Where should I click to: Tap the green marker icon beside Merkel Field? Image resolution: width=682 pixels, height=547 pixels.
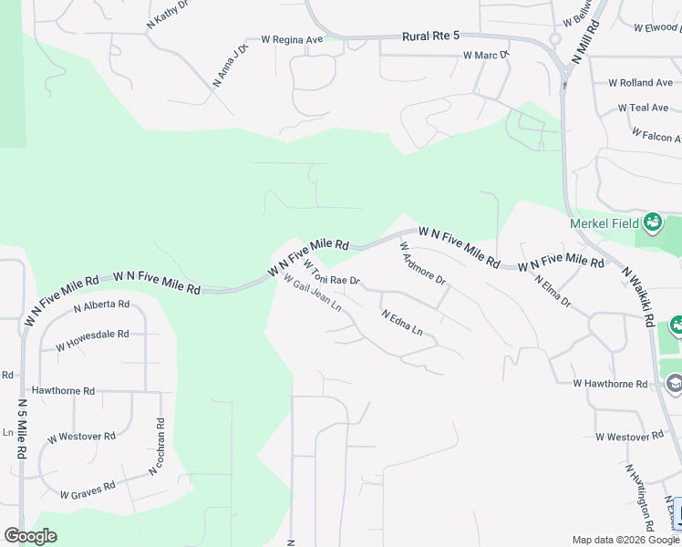(x=652, y=222)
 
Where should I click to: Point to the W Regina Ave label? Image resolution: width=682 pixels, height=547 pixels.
(x=292, y=39)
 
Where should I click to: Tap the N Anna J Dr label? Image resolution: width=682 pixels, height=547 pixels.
(x=230, y=66)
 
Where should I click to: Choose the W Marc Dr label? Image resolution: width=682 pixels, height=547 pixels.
(x=485, y=56)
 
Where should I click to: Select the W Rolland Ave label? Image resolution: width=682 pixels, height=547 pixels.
(x=639, y=83)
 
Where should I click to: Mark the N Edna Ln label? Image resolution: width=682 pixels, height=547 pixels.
(x=402, y=323)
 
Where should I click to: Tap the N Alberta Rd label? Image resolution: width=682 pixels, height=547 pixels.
(x=101, y=304)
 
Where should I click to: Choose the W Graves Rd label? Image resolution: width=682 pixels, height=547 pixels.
(x=88, y=490)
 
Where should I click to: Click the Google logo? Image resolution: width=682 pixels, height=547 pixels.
(x=30, y=536)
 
